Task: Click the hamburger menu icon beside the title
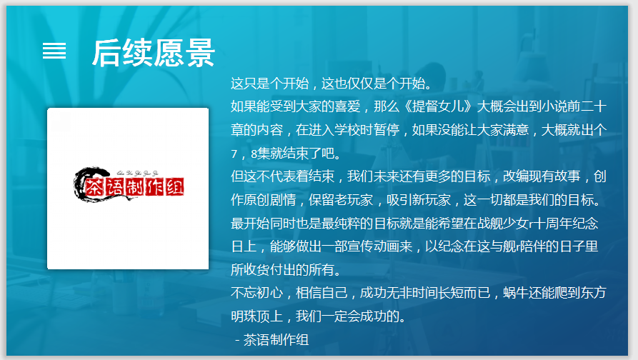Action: (54, 51)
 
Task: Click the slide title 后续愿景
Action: (154, 53)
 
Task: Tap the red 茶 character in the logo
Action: (94, 188)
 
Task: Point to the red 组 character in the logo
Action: (175, 187)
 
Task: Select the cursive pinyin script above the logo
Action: (137, 174)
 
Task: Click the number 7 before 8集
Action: (234, 154)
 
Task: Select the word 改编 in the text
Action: (516, 176)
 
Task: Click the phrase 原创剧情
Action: (270, 200)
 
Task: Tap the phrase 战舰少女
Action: (502, 224)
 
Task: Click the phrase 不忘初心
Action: (256, 293)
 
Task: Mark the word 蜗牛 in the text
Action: (516, 293)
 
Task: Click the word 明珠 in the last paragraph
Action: (244, 316)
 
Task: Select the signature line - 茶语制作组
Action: (271, 340)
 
